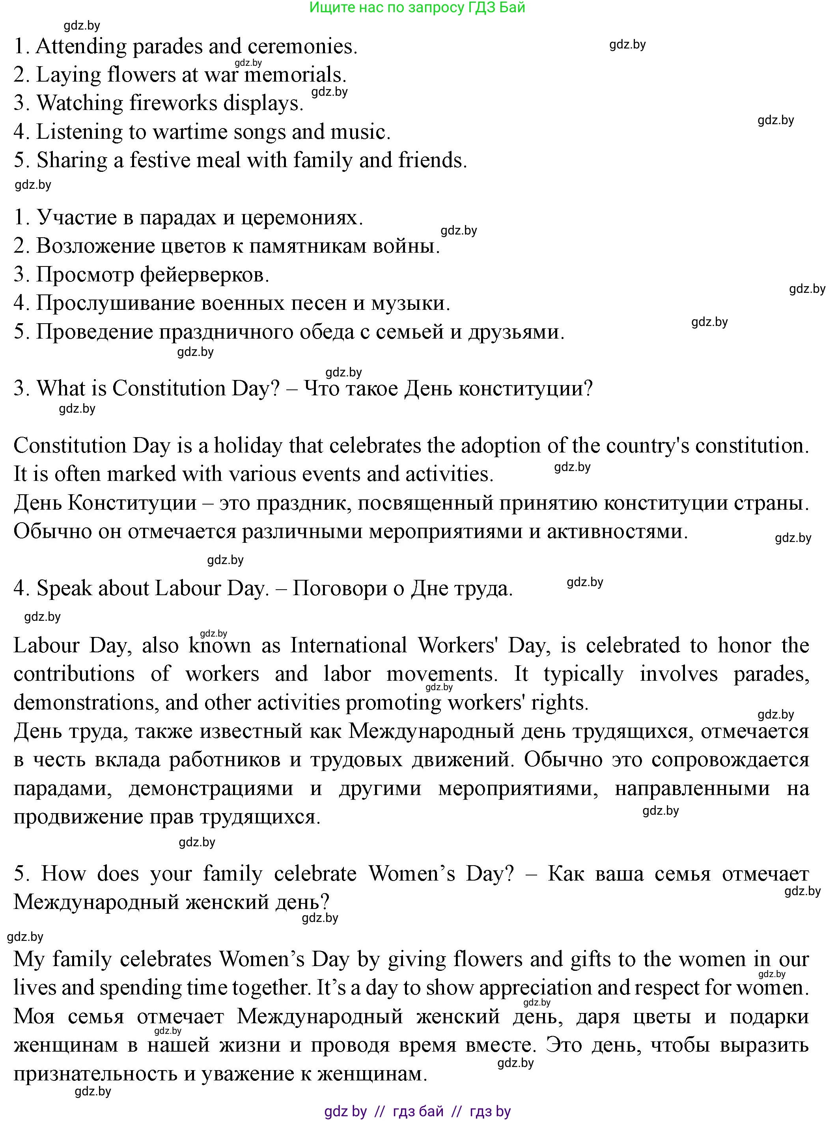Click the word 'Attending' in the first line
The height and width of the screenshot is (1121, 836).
click(x=81, y=47)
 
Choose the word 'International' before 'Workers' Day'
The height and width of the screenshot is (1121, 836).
click(x=349, y=646)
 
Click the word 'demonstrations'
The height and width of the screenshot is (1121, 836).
click(x=83, y=703)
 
